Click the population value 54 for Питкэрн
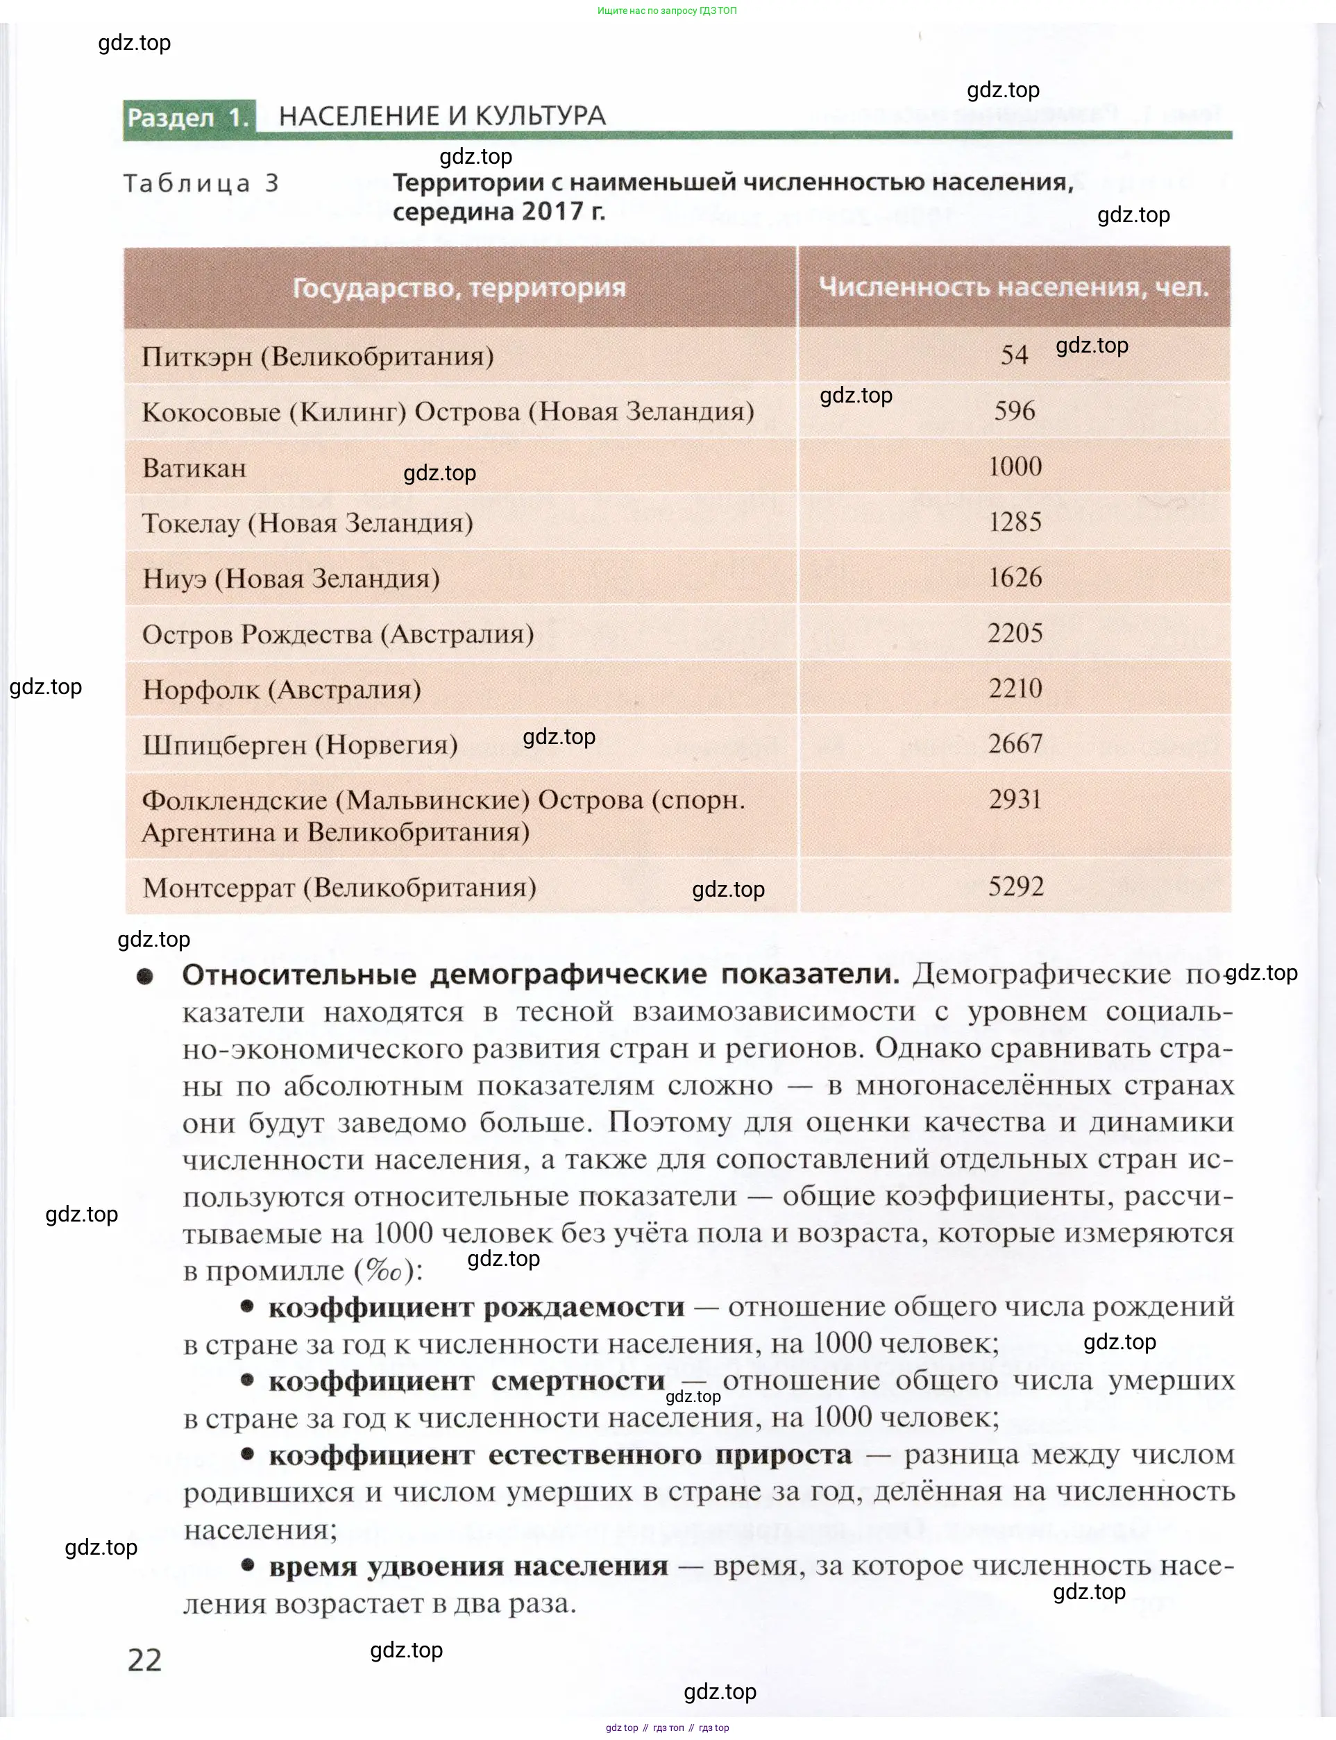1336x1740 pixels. [1014, 355]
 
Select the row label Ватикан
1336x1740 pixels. [194, 468]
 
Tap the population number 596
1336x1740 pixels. [1015, 410]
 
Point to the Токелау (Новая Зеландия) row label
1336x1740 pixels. [307, 523]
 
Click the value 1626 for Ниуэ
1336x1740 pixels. [1015, 577]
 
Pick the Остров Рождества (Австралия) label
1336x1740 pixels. [338, 634]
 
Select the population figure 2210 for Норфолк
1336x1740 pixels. [1015, 688]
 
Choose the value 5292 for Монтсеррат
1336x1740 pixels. [1015, 886]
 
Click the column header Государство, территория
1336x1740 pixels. [459, 288]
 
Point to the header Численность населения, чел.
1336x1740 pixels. [1013, 287]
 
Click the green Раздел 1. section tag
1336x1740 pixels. [189, 118]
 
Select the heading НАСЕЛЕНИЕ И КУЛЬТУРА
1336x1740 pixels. [442, 116]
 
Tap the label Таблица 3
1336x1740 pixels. [201, 184]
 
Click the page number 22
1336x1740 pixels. [145, 1659]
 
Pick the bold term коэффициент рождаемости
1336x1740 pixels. [475, 1307]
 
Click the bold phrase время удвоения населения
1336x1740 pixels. [468, 1566]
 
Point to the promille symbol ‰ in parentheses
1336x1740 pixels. [383, 1271]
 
